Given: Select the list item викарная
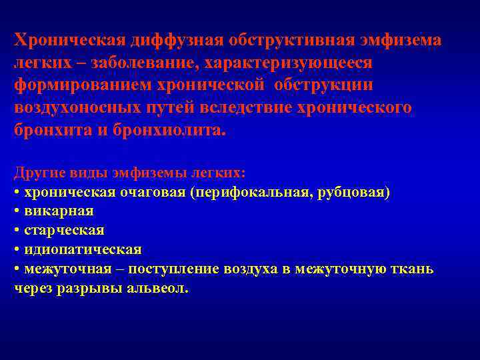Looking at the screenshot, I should (x=59, y=211).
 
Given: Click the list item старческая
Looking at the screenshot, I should (x=64, y=231).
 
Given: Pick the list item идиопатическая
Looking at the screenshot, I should (x=83, y=250).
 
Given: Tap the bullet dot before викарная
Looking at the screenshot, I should (x=17, y=211).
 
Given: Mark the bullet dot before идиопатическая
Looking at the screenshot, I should (x=17, y=250).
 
